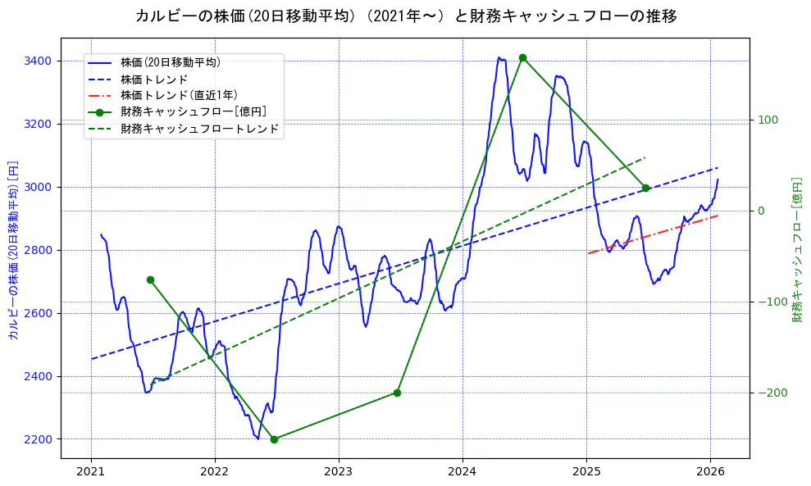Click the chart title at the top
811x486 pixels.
pos(406,16)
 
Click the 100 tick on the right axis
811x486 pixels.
pos(768,120)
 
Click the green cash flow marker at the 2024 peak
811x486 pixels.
pos(522,57)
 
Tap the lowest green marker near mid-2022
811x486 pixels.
pos(274,439)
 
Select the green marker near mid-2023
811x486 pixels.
pos(397,393)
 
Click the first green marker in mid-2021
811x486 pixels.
pos(150,279)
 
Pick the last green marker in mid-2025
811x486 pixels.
pos(645,188)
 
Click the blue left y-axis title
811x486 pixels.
pos(12,250)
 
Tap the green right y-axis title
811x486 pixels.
pos(796,250)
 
